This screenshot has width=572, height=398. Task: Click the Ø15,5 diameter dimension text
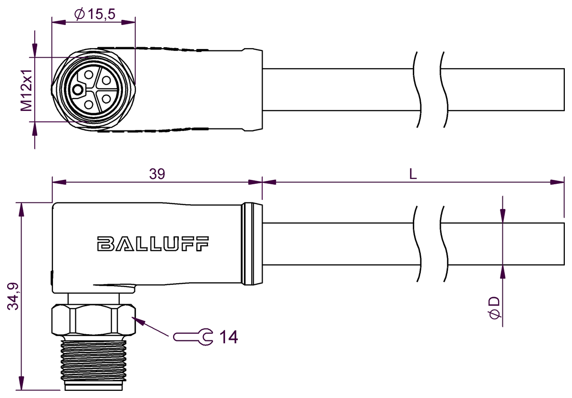tap(95, 15)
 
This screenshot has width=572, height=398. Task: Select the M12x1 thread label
tap(27, 90)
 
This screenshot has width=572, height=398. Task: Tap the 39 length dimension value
tap(157, 174)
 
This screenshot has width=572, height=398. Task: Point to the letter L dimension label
tap(413, 174)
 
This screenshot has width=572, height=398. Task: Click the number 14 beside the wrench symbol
tap(228, 337)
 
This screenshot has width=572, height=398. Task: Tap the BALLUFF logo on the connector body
tap(153, 243)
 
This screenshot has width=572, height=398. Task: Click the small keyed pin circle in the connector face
tap(78, 89)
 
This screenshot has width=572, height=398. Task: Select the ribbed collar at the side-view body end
tap(252, 244)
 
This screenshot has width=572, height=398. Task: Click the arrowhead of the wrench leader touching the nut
tap(138, 320)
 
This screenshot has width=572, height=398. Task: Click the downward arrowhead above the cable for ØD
tap(502, 217)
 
